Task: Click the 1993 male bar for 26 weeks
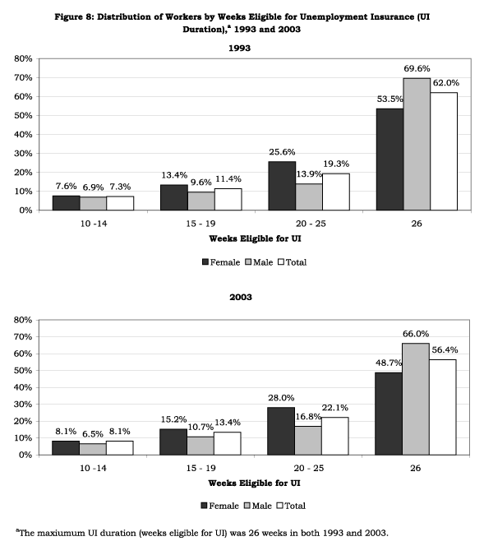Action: point(417,145)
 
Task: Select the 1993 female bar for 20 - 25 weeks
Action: point(282,186)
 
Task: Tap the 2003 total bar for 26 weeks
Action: point(443,407)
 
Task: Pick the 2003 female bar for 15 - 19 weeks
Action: point(173,442)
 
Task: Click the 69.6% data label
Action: point(417,68)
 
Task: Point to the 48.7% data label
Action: point(389,363)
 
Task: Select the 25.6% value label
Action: point(282,152)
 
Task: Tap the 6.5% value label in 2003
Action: point(93,434)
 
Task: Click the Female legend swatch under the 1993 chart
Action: point(205,262)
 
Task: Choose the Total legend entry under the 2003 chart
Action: point(291,506)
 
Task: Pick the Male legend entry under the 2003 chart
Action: point(258,506)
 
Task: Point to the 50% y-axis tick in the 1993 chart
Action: point(23,115)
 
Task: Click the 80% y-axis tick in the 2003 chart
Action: point(23,320)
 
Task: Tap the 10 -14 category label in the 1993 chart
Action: point(94,224)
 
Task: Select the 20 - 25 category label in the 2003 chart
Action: point(308,468)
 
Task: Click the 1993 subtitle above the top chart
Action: point(239,49)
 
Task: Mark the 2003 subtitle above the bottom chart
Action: point(241,297)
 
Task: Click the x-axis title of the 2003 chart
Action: point(254,483)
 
